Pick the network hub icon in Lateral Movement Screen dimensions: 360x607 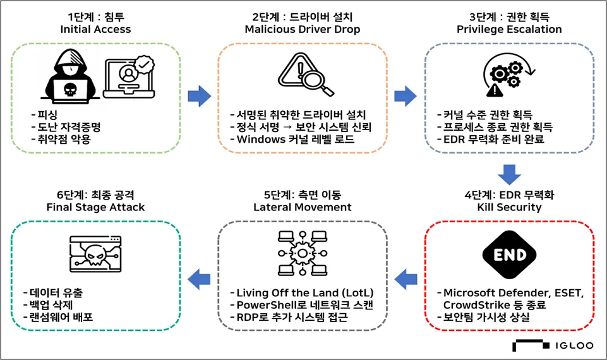(301, 253)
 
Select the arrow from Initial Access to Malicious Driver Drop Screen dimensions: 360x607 (200, 96)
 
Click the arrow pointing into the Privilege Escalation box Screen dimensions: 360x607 (405, 96)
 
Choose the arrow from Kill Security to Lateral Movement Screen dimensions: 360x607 (405, 276)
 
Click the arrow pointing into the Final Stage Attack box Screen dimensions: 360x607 (200, 276)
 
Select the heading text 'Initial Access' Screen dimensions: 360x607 (95, 29)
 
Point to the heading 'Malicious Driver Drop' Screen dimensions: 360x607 (301, 29)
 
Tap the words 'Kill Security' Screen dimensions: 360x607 (509, 207)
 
